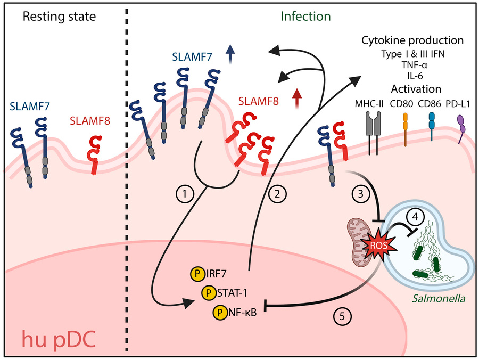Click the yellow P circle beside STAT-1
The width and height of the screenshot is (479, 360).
coord(208,293)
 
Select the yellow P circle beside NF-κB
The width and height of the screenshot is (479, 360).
coord(219,312)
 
